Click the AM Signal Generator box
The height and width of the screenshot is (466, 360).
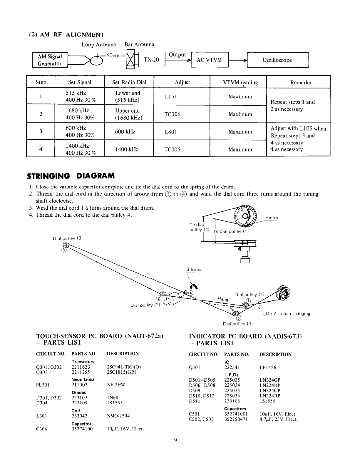pyautogui.click(x=50, y=60)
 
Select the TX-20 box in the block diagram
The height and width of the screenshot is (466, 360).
pyautogui.click(x=151, y=60)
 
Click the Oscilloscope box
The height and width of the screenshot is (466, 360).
pyautogui.click(x=277, y=60)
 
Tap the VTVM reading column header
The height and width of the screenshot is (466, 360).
pyautogui.click(x=240, y=82)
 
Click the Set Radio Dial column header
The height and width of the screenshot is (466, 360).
pyautogui.click(x=129, y=82)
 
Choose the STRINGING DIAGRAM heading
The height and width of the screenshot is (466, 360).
pyautogui.click(x=71, y=176)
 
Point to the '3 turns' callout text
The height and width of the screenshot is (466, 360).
pyautogui.click(x=194, y=269)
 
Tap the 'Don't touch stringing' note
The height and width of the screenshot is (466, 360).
pyautogui.click(x=288, y=314)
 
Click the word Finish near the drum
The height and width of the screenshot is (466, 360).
pyautogui.click(x=272, y=218)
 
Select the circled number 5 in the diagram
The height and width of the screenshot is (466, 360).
pyautogui.click(x=239, y=318)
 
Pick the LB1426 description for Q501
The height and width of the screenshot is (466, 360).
pyautogui.click(x=268, y=368)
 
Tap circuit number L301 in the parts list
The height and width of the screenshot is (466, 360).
pyautogui.click(x=42, y=416)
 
